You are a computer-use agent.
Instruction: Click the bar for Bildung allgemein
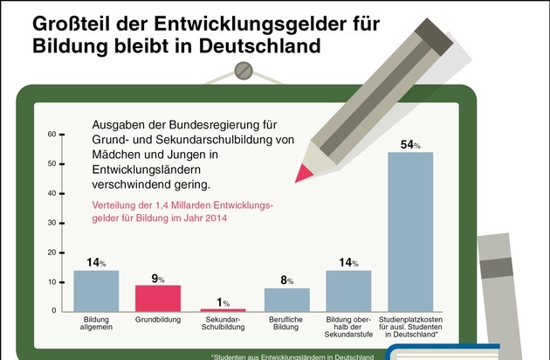(96, 290)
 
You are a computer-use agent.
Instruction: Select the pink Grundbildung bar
(159, 298)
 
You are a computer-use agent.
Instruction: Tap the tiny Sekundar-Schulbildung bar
(223, 309)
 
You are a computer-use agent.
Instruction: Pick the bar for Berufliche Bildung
(286, 300)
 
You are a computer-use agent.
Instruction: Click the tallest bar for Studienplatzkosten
(410, 232)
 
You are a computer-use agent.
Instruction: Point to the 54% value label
(410, 145)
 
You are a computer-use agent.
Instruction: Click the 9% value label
(159, 279)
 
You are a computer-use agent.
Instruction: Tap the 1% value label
(223, 302)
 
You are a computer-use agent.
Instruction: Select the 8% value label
(286, 281)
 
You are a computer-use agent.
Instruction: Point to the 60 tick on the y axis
(52, 135)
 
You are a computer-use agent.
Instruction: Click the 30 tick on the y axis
(52, 223)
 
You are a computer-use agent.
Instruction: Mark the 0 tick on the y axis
(53, 311)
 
